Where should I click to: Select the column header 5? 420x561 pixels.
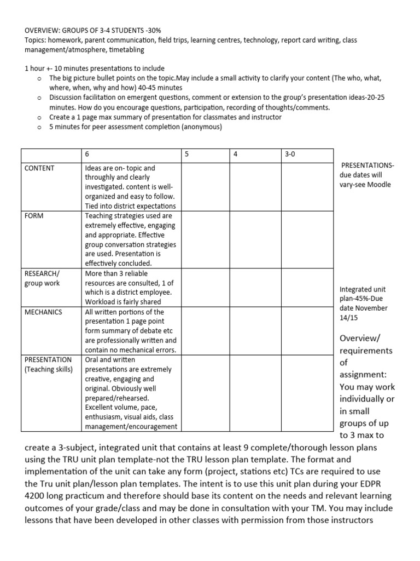point(186,154)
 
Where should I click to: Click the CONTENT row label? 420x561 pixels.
point(39,168)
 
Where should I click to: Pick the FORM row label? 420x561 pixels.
point(33,216)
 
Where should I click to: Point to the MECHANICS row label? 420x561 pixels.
point(43,312)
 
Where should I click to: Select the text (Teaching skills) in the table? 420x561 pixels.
point(49,369)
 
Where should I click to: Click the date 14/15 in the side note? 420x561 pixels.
point(349,318)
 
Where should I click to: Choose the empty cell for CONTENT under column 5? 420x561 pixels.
point(205,186)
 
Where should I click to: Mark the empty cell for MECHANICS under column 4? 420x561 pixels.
point(254,331)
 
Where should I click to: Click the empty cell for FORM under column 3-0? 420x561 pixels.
point(307,239)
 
